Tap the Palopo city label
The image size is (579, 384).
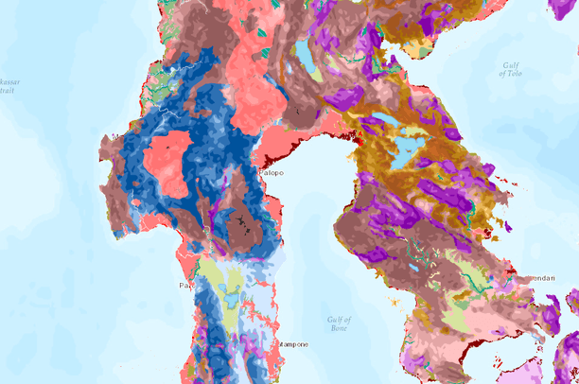[272, 172]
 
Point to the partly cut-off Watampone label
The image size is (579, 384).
[290, 345]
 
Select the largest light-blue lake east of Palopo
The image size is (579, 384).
[407, 151]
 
